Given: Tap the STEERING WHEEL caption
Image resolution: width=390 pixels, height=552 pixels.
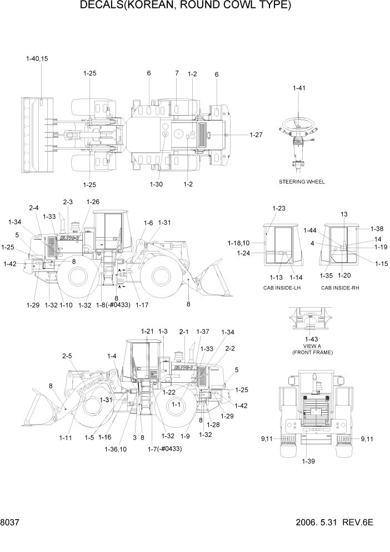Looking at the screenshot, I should click(302, 182).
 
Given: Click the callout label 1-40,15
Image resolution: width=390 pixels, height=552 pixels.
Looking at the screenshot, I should click(37, 58).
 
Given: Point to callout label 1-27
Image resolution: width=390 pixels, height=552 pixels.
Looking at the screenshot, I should click(256, 135).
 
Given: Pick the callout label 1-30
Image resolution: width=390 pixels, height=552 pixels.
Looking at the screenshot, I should click(157, 168).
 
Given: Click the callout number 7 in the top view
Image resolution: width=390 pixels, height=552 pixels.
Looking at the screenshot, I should click(177, 73).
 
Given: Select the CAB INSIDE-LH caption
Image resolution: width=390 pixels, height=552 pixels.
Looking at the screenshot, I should click(282, 288).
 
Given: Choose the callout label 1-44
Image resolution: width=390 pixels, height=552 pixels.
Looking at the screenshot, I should click(310, 230).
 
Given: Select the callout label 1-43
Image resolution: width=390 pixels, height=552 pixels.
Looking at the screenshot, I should click(308, 339).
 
